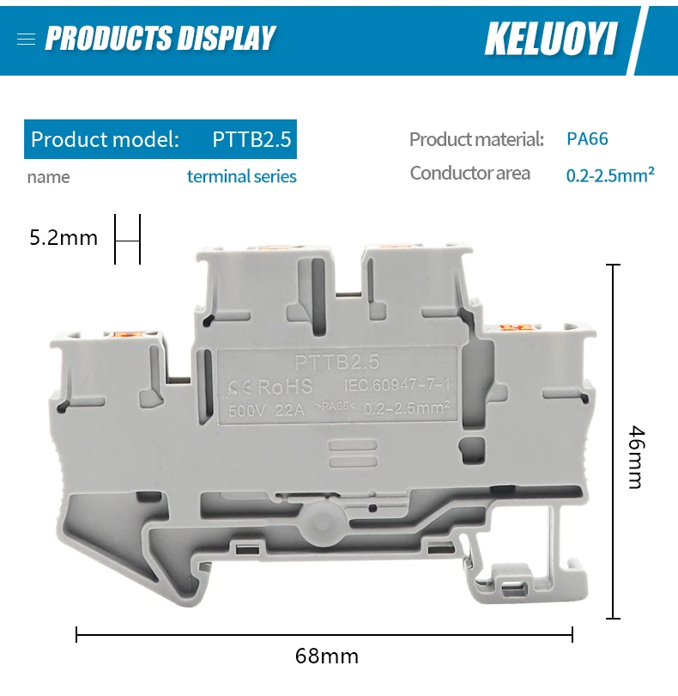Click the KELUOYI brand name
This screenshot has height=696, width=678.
[550, 38]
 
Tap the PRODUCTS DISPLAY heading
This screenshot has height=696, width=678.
[160, 38]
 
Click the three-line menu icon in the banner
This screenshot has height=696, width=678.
[26, 39]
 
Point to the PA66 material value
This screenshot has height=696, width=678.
[587, 138]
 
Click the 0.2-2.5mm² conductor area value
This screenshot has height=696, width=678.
[610, 174]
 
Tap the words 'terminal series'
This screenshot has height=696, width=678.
[242, 176]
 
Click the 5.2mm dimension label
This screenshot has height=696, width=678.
[64, 238]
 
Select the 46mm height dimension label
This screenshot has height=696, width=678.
[635, 456]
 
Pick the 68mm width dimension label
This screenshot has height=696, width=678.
[326, 656]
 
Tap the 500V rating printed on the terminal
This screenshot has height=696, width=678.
[247, 409]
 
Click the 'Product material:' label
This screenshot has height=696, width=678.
[476, 139]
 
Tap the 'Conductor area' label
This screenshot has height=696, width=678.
[469, 174]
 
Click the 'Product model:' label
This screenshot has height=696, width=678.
[105, 139]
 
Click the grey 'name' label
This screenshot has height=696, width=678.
[48, 177]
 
